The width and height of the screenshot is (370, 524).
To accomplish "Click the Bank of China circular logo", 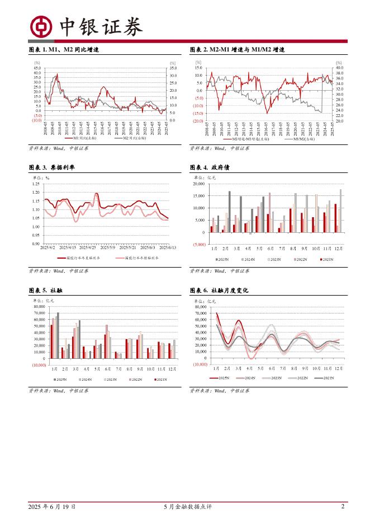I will (x=41, y=26).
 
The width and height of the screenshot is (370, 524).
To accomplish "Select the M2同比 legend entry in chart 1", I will (x=127, y=137).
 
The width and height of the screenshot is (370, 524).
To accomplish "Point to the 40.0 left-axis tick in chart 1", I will (x=37, y=73).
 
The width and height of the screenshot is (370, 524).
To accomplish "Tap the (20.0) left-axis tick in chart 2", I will (x=198, y=121).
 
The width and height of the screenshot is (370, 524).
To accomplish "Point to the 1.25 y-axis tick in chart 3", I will (x=36, y=184).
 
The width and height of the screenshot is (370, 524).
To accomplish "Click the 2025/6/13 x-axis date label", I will (x=167, y=247).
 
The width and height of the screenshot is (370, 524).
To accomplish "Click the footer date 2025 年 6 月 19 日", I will (x=52, y=507).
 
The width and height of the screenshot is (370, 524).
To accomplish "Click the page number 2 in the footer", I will (x=343, y=507).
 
